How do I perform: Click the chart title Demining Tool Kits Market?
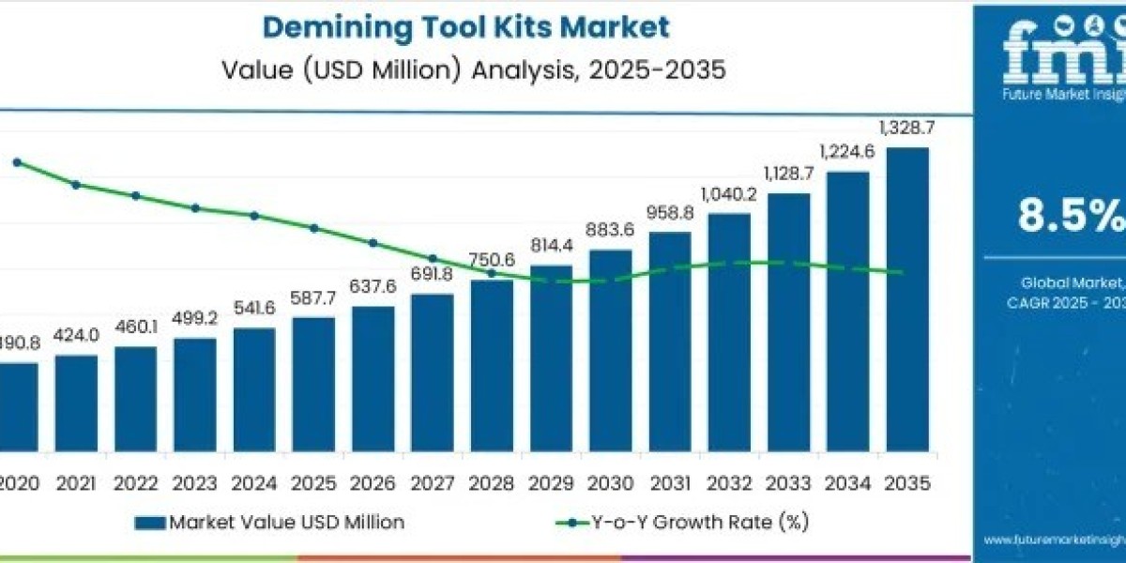pyautogui.click(x=466, y=27)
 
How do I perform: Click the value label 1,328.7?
pyautogui.click(x=905, y=128)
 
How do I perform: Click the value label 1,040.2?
pyautogui.click(x=729, y=195)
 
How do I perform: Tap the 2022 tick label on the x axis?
pyautogui.click(x=135, y=483)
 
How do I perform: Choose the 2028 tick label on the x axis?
pyautogui.click(x=492, y=483)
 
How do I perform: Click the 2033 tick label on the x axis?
pyautogui.click(x=788, y=483)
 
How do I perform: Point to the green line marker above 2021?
pyautogui.click(x=76, y=185)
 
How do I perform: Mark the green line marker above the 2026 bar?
pyautogui.click(x=373, y=242)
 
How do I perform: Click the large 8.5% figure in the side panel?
pyautogui.click(x=1070, y=217)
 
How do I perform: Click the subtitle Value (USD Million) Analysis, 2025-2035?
pyautogui.click(x=473, y=71)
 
